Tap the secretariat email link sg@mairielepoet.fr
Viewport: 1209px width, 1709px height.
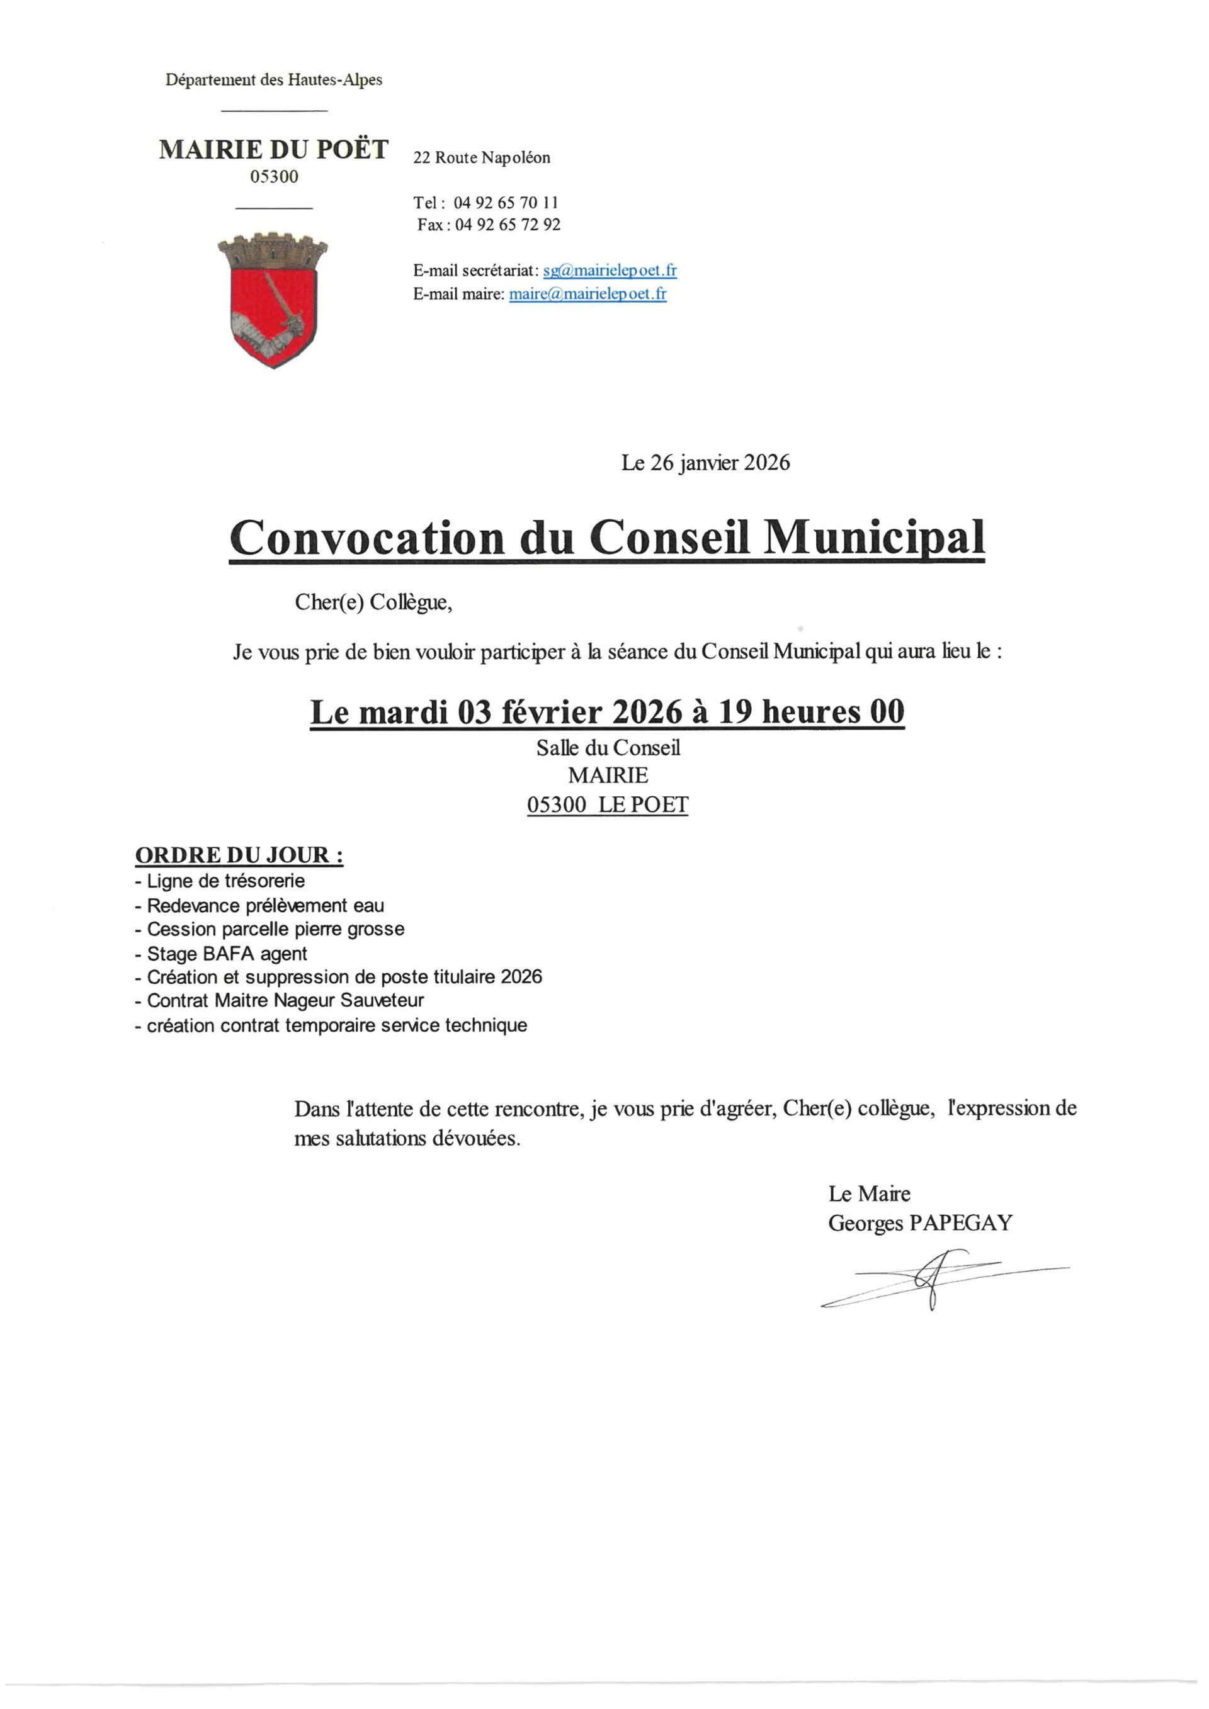click(x=609, y=270)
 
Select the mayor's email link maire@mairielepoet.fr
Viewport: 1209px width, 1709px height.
click(x=587, y=294)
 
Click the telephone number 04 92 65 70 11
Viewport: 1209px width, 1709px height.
click(x=506, y=203)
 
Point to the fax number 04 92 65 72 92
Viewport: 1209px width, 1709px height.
click(x=508, y=225)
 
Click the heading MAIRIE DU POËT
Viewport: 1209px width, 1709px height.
click(x=273, y=150)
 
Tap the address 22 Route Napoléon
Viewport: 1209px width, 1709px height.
click(x=482, y=158)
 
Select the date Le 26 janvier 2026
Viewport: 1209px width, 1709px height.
click(x=705, y=463)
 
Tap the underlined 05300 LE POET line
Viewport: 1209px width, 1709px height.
click(x=608, y=804)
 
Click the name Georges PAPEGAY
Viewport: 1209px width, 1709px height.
click(x=920, y=1223)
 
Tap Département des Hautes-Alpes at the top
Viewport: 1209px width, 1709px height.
click(x=273, y=80)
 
